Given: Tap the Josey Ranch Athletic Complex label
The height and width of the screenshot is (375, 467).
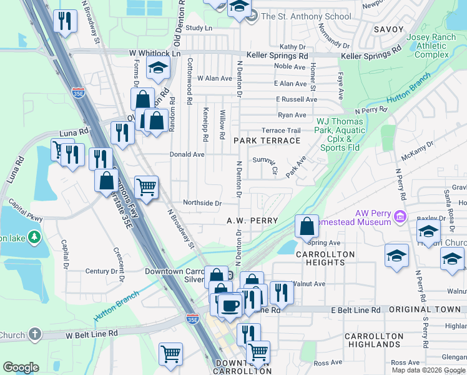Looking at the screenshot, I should pyautogui.click(x=431, y=46).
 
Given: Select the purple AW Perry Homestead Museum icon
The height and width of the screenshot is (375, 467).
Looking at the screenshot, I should pyautogui.click(x=401, y=217).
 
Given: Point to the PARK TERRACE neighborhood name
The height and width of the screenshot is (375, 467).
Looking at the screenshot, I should pyautogui.click(x=267, y=141).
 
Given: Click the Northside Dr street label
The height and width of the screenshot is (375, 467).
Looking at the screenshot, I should pyautogui.click(x=202, y=203).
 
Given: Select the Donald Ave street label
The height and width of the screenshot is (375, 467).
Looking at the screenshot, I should pyautogui.click(x=187, y=154).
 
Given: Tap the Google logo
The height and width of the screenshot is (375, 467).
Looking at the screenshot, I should pyautogui.click(x=21, y=367).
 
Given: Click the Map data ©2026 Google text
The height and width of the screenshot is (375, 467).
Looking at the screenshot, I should pyautogui.click(x=427, y=370).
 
